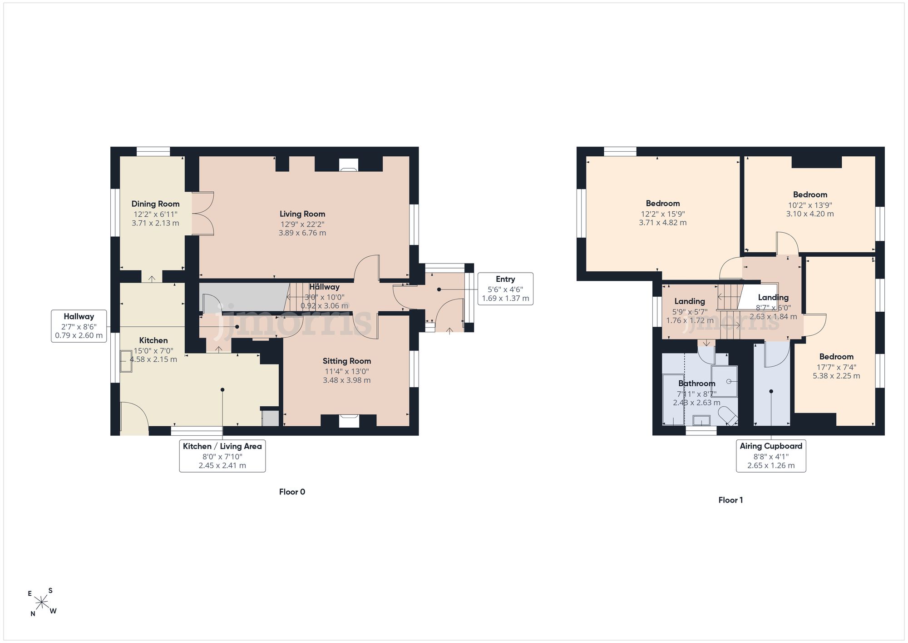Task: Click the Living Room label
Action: click(x=302, y=214)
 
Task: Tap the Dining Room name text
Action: click(x=155, y=204)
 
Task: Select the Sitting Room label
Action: click(x=347, y=361)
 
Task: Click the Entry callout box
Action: click(x=505, y=289)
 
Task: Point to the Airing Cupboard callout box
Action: click(x=771, y=456)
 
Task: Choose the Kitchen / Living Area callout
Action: click(x=222, y=456)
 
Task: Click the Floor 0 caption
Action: click(x=292, y=492)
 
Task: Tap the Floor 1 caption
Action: click(x=730, y=500)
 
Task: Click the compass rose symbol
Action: click(x=42, y=603)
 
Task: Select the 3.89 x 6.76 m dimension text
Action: click(x=302, y=233)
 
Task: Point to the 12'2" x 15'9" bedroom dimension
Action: click(x=663, y=214)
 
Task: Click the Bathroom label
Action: click(x=697, y=384)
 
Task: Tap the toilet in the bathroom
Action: click(x=728, y=415)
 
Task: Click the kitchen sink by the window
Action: click(x=126, y=361)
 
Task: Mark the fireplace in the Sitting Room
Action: click(x=349, y=421)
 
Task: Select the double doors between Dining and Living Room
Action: click(x=203, y=214)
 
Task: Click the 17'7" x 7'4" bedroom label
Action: click(x=836, y=367)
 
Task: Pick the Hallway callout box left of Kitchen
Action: click(x=79, y=326)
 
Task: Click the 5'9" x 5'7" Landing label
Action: click(x=690, y=312)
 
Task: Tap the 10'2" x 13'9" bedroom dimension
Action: click(x=810, y=205)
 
